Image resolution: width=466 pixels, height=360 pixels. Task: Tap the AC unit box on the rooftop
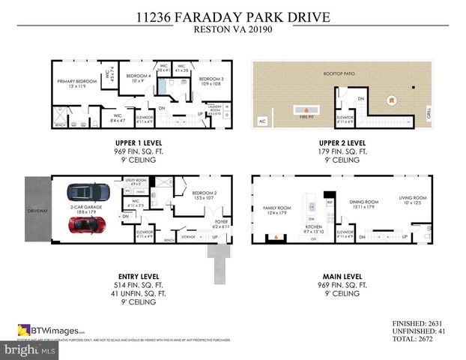click(x=261, y=121)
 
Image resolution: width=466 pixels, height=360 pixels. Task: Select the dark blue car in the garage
click(x=88, y=193)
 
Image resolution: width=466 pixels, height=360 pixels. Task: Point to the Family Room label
click(x=276, y=209)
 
